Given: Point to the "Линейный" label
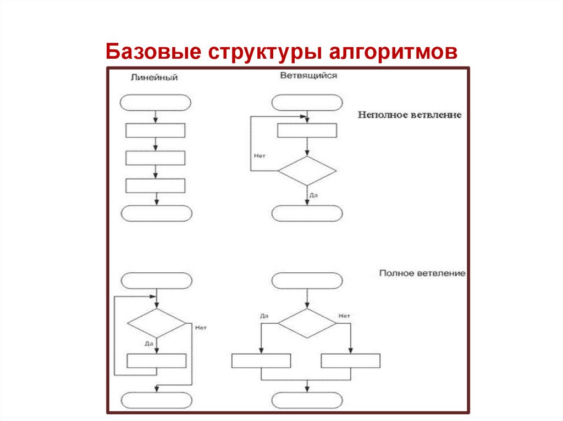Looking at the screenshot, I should [154, 77].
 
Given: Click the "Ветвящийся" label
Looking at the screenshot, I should [308, 76].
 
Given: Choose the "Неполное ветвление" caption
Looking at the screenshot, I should [410, 115].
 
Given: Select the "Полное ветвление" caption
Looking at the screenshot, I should [422, 273].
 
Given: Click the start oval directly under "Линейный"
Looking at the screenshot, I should [156, 103].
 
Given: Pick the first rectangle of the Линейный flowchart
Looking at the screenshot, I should [156, 131].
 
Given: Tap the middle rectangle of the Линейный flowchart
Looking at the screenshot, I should [156, 158].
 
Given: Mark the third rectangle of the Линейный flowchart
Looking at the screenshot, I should [156, 186].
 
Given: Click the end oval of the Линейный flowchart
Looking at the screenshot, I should [156, 213].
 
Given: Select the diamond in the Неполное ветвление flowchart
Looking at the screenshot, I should [307, 171].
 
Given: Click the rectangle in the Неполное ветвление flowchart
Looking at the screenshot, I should [307, 131].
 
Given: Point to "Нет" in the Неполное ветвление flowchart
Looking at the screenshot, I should [260, 156].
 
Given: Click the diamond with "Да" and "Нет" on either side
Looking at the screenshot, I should [307, 323].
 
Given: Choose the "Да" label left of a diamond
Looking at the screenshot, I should [264, 316].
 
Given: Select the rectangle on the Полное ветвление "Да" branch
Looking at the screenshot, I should [261, 361].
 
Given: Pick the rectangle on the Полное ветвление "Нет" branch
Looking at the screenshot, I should [351, 361].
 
